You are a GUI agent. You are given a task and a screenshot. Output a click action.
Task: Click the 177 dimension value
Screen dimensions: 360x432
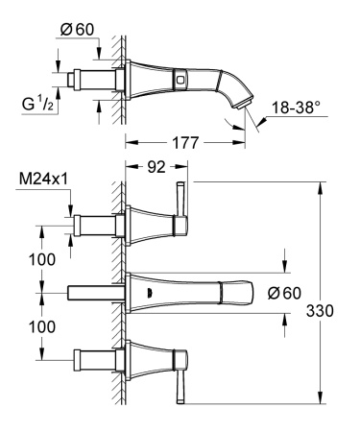pyautogui.click(x=185, y=143)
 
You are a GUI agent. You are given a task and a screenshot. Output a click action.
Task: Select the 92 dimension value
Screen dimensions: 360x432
pyautogui.click(x=156, y=167)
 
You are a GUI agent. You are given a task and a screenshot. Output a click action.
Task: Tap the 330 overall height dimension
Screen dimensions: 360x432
pyautogui.click(x=320, y=311)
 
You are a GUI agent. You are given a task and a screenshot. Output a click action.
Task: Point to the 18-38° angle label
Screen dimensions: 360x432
pyautogui.click(x=296, y=108)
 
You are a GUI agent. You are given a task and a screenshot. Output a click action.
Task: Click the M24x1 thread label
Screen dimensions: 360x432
pyautogui.click(x=43, y=180)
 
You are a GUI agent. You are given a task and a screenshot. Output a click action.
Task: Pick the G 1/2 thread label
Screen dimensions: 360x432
pyautogui.click(x=37, y=104)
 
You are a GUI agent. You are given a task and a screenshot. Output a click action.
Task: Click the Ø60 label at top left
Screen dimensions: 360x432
pyautogui.click(x=77, y=30)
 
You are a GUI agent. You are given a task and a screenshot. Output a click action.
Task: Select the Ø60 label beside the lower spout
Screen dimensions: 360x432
pyautogui.click(x=284, y=293)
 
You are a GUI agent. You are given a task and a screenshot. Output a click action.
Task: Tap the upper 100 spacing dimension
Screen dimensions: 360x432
pyautogui.click(x=42, y=259)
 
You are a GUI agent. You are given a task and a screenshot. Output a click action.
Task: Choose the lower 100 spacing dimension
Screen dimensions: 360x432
pyautogui.click(x=42, y=327)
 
